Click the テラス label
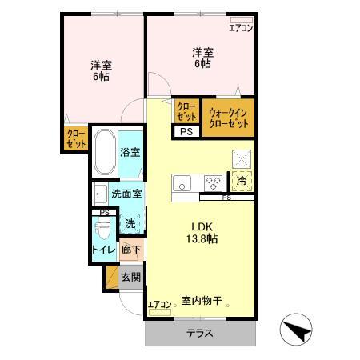[200, 333]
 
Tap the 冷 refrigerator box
[242, 181]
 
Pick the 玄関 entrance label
[130, 278]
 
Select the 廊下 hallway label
[130, 250]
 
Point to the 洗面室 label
[126, 194]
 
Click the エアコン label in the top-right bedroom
[241, 29]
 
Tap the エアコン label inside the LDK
[159, 305]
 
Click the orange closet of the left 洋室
[77, 139]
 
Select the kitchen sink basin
[182, 181]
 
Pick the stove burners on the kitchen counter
[213, 181]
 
